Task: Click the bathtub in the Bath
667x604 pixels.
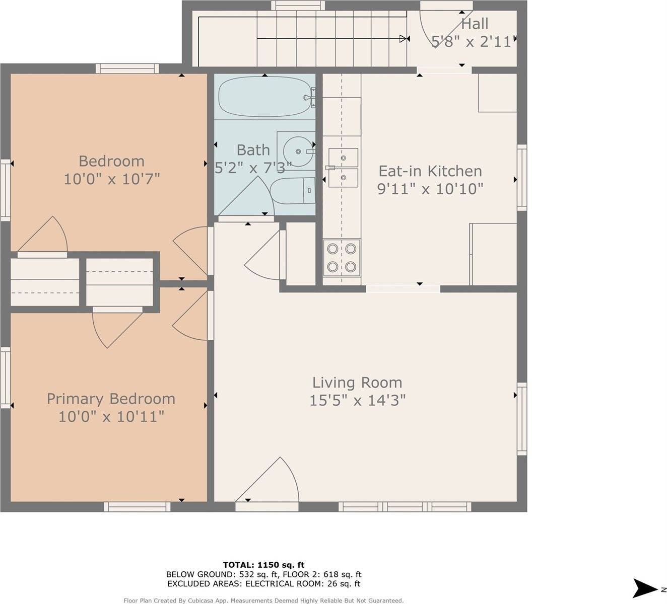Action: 264,96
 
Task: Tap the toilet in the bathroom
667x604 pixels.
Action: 292,191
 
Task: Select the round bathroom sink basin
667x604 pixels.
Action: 297,150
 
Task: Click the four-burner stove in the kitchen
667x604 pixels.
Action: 342,258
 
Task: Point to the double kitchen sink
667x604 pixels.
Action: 343,168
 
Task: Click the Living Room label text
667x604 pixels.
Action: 357,383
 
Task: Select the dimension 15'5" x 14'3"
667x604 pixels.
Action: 357,401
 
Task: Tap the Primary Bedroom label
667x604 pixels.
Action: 111,399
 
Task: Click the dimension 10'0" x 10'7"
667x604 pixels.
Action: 111,179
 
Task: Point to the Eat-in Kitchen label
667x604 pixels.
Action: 430,171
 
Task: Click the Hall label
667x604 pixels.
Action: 475,24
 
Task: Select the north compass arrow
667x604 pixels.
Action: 645,588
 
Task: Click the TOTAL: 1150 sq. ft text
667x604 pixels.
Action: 263,565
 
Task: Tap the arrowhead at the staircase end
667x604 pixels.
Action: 404,39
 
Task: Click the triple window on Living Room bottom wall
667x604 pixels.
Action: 405,506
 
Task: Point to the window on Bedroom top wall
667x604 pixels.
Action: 127,68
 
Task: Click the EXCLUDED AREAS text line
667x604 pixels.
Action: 263,584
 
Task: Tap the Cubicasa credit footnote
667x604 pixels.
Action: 263,600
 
